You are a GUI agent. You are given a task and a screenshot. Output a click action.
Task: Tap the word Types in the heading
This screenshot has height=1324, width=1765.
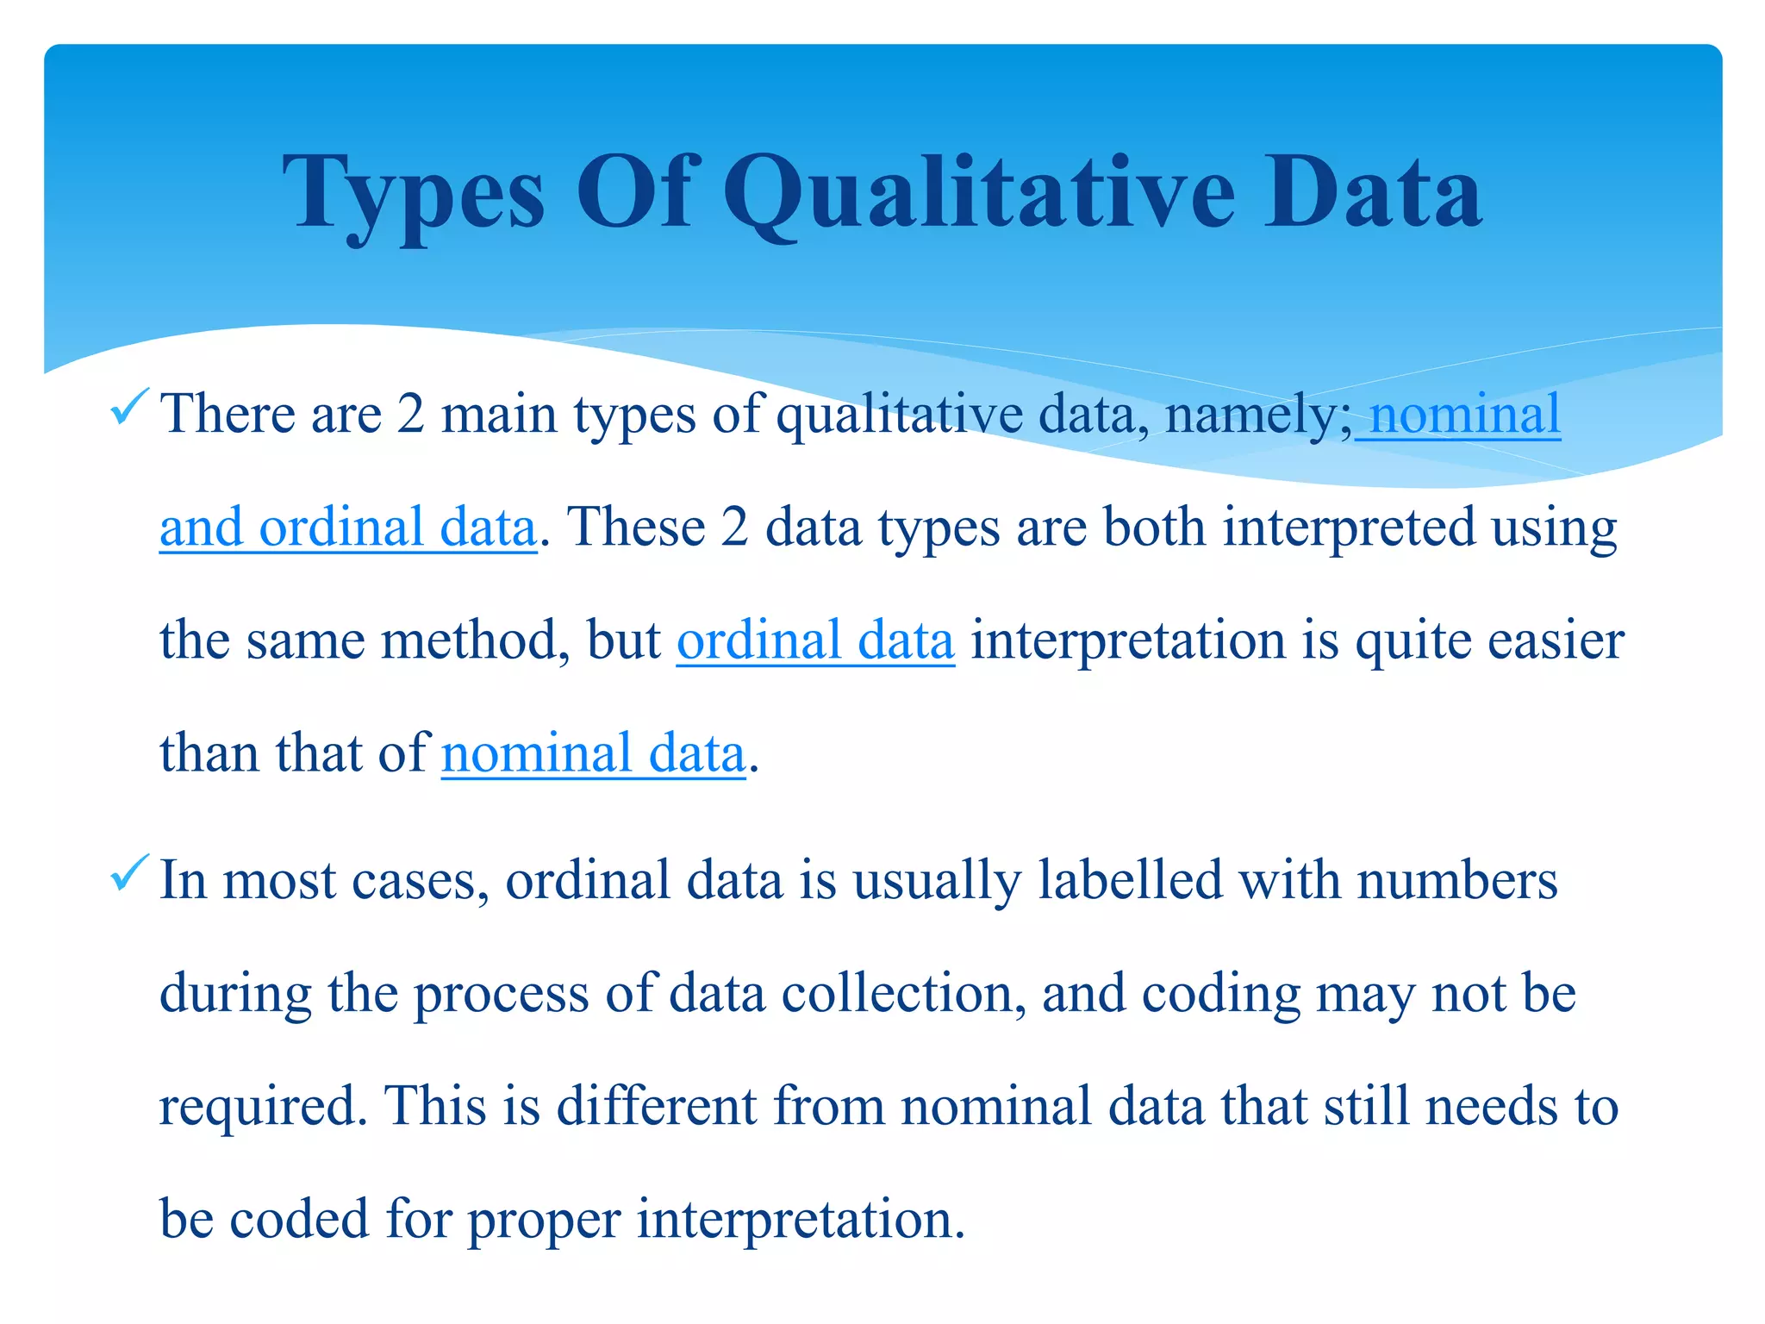pos(414,195)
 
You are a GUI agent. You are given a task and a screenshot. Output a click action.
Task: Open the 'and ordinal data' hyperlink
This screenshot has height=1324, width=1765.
pos(348,528)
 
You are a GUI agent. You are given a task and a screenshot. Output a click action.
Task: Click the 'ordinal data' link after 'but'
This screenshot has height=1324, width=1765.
pos(815,640)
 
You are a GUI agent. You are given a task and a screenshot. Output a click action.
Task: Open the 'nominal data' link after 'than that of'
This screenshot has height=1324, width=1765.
pos(593,753)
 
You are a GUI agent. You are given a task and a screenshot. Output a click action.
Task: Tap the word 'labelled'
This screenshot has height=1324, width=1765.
pos(1130,880)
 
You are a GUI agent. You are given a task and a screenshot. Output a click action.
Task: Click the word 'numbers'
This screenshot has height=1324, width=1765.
pos(1456,880)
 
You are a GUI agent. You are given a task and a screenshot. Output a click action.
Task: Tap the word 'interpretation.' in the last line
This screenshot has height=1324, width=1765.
pos(801,1220)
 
